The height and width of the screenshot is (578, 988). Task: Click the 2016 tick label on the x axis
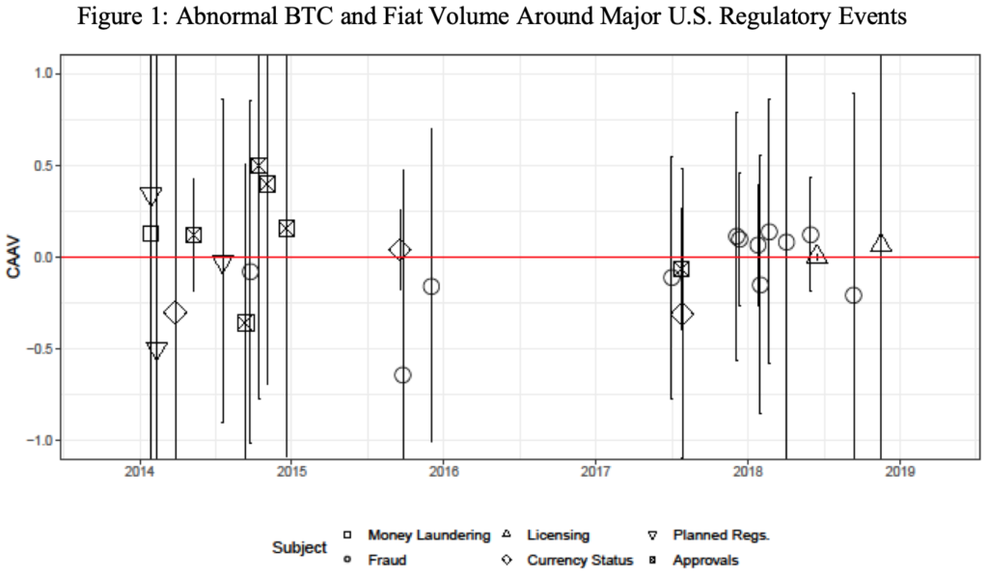tap(443, 472)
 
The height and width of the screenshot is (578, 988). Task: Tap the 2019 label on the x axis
tap(899, 472)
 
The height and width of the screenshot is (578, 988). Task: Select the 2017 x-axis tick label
tap(595, 472)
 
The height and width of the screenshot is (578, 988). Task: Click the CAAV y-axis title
tap(14, 258)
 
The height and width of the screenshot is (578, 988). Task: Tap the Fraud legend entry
tap(385, 560)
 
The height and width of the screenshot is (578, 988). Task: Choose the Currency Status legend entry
tap(580, 560)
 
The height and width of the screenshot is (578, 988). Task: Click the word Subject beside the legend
tap(300, 547)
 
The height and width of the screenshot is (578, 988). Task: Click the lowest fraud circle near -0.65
tap(402, 374)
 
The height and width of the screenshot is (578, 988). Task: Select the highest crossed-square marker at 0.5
tap(259, 166)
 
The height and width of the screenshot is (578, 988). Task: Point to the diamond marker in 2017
tap(682, 314)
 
